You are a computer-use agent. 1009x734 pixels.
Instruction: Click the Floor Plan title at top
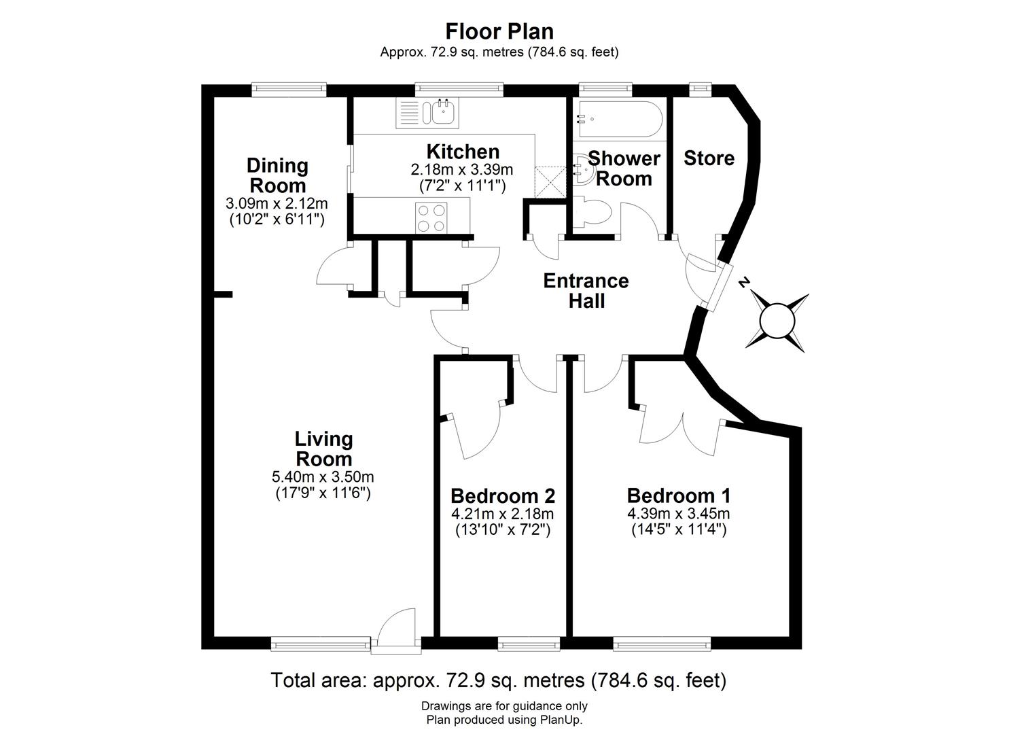[499, 31]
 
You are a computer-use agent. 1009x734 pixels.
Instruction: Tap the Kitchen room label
[463, 152]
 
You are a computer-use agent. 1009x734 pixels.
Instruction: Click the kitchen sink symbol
[442, 112]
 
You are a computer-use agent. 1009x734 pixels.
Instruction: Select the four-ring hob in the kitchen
[431, 218]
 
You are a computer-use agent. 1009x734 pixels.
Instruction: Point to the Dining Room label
[277, 175]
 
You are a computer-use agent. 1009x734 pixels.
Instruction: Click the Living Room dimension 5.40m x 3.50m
[323, 477]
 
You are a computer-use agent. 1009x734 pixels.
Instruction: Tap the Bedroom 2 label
[503, 495]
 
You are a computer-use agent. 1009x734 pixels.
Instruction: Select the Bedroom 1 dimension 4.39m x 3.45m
[679, 514]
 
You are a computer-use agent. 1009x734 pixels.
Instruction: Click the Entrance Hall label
[586, 291]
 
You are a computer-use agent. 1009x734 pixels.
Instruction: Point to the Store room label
[709, 158]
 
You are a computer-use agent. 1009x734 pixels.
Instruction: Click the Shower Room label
[624, 169]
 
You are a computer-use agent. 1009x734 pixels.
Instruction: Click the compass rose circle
[777, 321]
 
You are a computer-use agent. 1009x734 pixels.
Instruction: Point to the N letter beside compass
[745, 282]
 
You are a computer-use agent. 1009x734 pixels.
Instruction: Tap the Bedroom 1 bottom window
[662, 642]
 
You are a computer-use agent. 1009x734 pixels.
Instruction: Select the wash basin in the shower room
[582, 167]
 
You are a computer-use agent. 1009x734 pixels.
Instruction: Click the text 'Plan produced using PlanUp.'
[504, 720]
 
